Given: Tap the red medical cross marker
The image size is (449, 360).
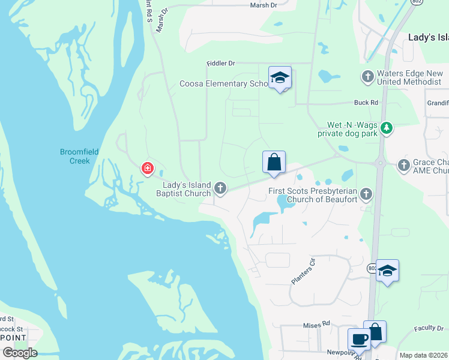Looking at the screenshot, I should pos(147,168).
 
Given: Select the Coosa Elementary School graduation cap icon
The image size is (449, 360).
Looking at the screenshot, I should pos(280,78).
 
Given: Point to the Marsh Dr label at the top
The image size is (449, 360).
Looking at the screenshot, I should pos(264,5).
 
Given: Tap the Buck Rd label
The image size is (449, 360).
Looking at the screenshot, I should pos(366,103).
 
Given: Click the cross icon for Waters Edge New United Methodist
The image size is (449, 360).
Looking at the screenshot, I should pos(367,77).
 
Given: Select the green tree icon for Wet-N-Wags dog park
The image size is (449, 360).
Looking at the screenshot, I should pos(387,127).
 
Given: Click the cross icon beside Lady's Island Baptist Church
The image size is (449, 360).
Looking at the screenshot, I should pos(220,189).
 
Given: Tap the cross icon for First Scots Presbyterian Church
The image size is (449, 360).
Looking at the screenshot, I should pos(366,194).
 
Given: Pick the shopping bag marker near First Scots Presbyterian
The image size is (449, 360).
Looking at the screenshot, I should pos(274,162).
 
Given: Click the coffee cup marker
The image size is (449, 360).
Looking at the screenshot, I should pos(359,339).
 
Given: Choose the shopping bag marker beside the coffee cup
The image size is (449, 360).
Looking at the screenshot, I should pos(375,331).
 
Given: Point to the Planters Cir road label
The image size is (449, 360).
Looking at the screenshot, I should pos(304,272).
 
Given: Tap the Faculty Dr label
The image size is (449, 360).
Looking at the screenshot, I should pos(428,328).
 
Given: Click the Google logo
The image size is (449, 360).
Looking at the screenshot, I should pos(20,353).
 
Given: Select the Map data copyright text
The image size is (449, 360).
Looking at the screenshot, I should pos(423,355).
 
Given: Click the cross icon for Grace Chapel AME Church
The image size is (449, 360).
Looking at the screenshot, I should pos(404,164).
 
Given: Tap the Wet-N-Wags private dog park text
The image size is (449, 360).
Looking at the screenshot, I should pos(351,130).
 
